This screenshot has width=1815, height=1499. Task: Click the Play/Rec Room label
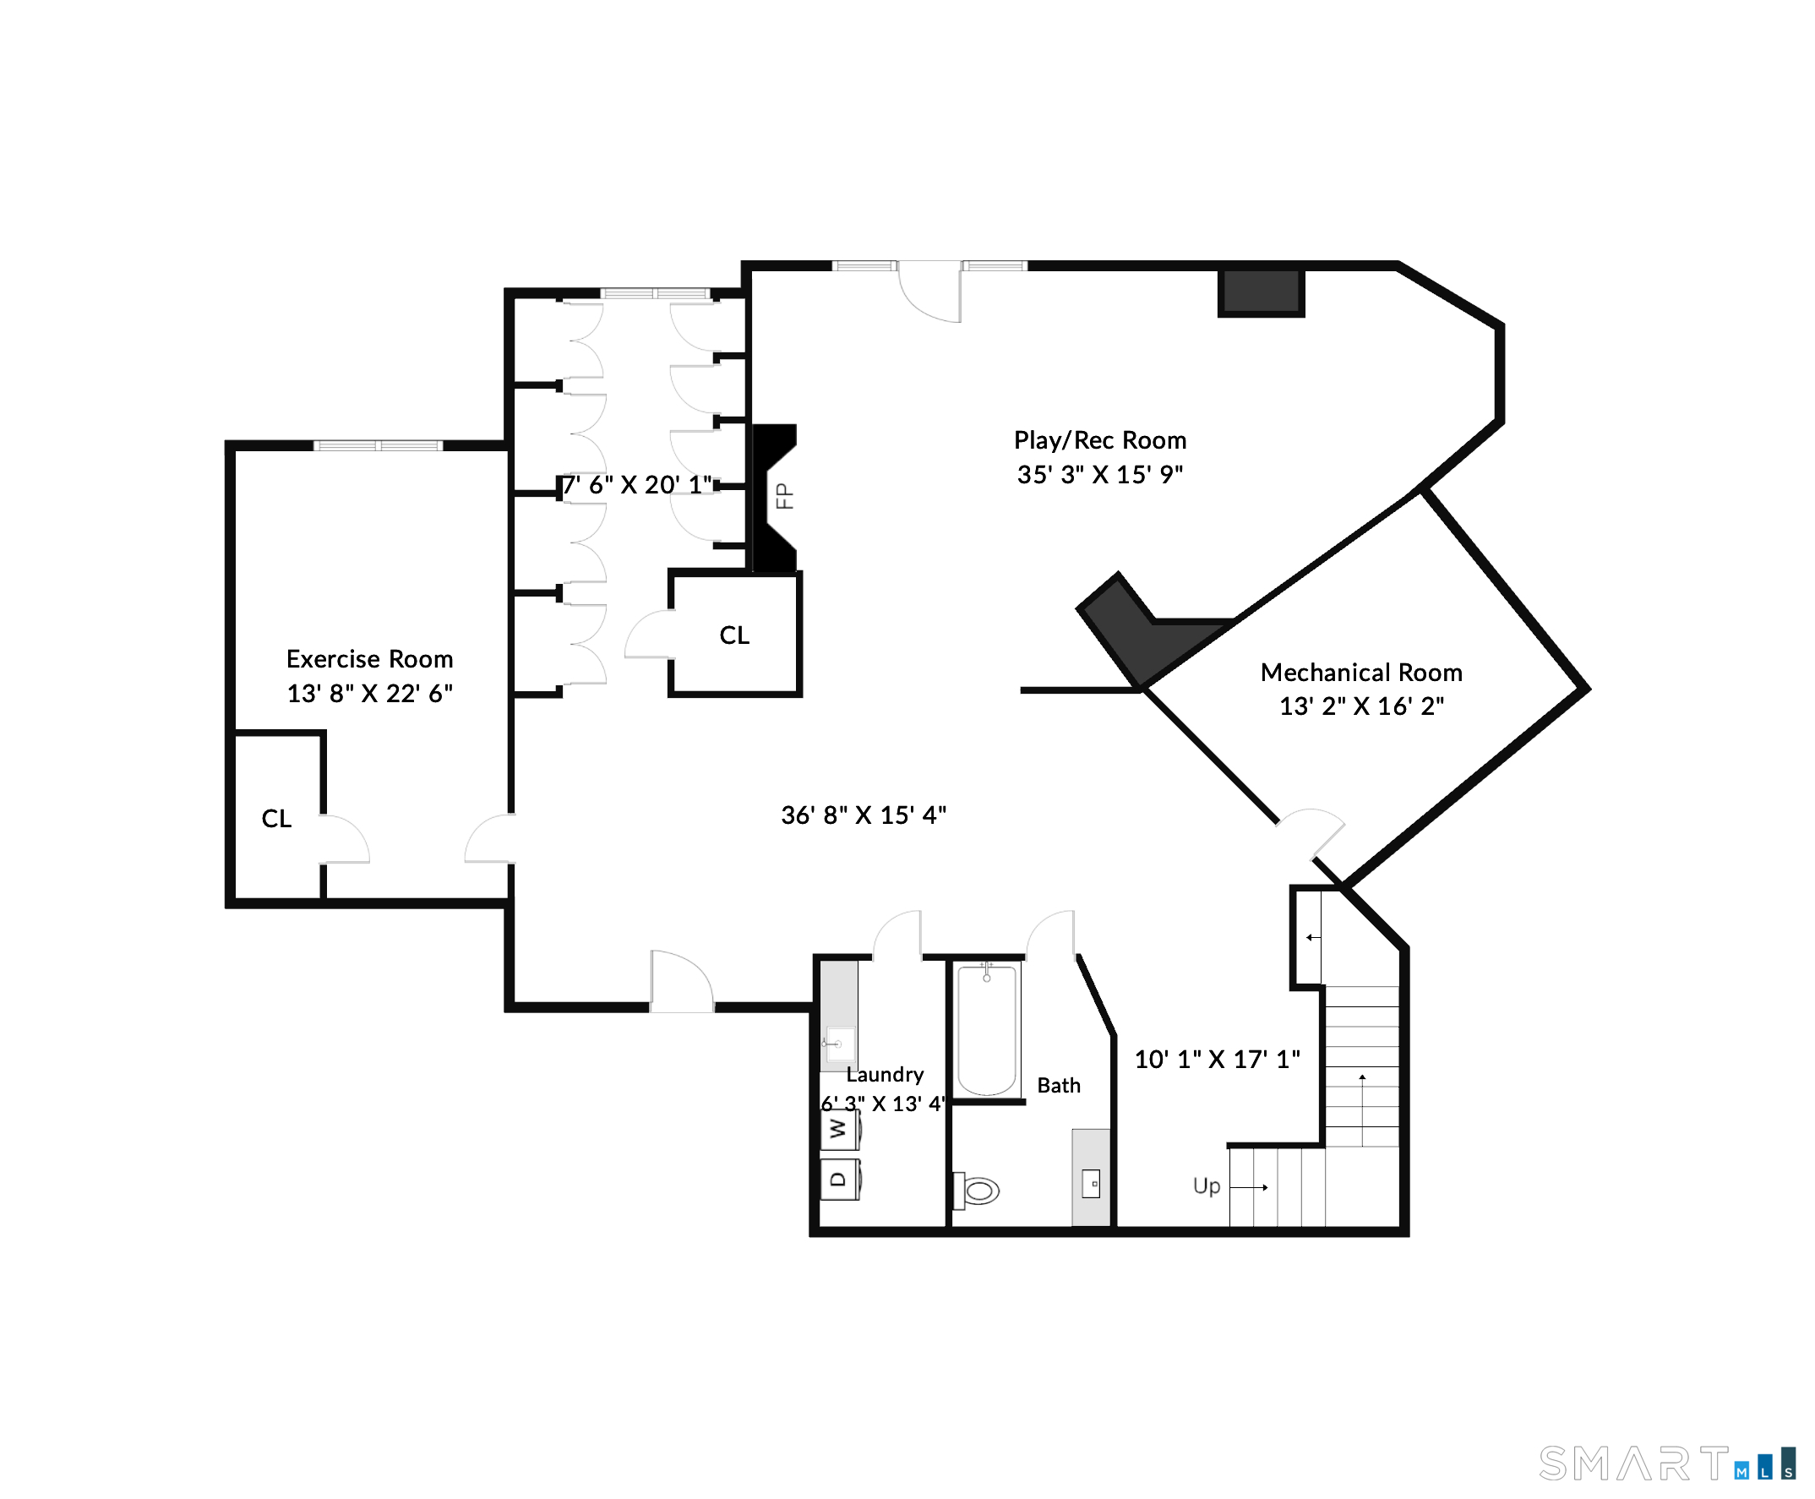pos(1099,440)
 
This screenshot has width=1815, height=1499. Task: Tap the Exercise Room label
pos(369,659)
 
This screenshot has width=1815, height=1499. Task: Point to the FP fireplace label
pos(784,496)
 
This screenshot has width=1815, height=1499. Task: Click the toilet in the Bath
pos(976,1191)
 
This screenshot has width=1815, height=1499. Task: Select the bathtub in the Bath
pos(987,1029)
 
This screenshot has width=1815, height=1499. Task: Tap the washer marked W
pos(839,1130)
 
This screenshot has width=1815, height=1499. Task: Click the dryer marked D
pos(839,1180)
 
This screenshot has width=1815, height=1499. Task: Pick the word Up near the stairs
pos(1207,1186)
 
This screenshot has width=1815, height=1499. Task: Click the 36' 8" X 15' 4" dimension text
pos(864,815)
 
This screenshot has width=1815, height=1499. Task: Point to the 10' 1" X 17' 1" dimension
pos(1217,1060)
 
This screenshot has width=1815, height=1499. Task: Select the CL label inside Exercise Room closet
pos(276,819)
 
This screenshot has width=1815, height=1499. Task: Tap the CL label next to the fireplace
pos(734,635)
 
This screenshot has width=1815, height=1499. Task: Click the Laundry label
pos(885,1074)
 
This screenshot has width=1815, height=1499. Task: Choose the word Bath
pos(1059,1086)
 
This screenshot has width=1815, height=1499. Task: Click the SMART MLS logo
pos(1667,1464)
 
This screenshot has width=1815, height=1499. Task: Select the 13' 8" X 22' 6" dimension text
pos(369,694)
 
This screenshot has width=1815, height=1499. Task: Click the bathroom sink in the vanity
pos(1092,1183)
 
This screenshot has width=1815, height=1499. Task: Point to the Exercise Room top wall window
pos(379,445)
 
